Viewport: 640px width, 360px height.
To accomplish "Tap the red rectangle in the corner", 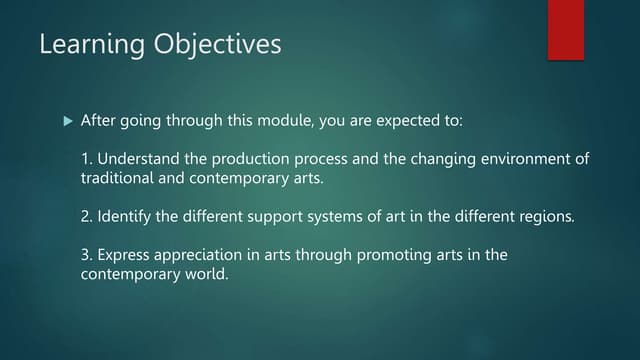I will coord(565,29).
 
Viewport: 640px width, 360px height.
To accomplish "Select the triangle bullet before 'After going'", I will coord(67,121).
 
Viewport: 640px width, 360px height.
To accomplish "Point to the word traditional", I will coord(115,178).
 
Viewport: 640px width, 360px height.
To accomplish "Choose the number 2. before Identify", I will coord(86,215).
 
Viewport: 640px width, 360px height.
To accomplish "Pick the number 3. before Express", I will coord(86,255).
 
